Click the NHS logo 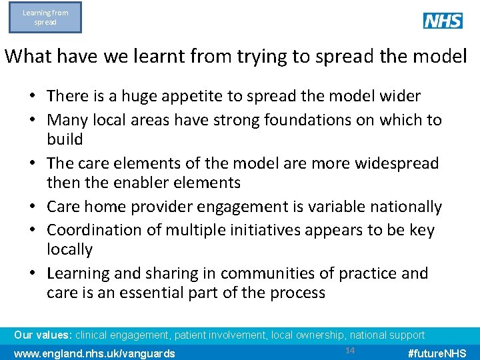point(443,21)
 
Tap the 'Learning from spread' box point(45,17)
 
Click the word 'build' point(65,140)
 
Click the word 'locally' point(69,250)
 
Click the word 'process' point(295,293)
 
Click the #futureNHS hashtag point(437,353)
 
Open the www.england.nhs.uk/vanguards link point(95,353)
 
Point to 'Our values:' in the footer point(43,335)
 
